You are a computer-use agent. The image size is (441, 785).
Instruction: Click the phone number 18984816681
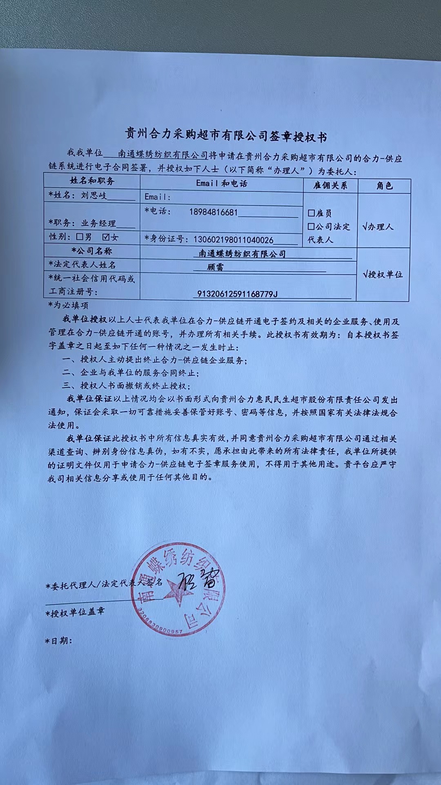pos(213,212)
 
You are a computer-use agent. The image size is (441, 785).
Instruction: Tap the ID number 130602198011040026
pos(233,240)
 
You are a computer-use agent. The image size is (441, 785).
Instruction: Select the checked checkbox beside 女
pos(107,237)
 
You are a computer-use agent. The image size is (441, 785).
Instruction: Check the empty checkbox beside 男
pos(80,237)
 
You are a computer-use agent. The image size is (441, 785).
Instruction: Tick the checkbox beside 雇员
pos(312,213)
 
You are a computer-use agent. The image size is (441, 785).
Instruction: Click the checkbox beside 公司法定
pos(312,227)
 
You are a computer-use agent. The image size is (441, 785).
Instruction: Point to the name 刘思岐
pos(94,195)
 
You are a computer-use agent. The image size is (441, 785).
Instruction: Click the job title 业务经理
pos(98,223)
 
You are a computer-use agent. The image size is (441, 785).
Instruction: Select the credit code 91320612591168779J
pos(237,294)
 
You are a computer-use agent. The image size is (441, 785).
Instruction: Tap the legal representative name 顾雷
pos(215,267)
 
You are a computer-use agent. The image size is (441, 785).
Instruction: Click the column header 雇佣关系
pos(330,185)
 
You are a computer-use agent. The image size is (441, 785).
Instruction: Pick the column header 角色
pos(384,186)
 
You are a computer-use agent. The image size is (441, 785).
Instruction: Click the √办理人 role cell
pos(378,227)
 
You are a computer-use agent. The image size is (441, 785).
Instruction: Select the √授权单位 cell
pos(383,274)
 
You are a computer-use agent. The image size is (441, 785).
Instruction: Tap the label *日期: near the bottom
pos(59,641)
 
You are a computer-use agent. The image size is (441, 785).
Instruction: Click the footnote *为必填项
pos(68,305)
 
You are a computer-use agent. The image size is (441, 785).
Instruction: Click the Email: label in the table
pos(158,197)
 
